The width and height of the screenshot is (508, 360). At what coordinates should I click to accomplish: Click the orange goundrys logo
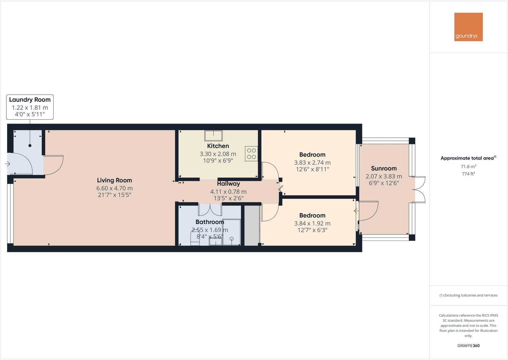468,27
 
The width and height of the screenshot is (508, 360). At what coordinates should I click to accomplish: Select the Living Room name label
114,180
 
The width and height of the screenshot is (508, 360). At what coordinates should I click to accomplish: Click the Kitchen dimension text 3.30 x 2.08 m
218,154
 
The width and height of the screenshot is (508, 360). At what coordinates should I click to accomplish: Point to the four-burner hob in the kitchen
251,154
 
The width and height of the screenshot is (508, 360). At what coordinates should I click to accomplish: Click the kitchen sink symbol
213,135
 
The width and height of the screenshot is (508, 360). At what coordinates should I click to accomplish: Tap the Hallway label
228,184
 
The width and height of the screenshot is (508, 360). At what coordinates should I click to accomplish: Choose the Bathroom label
210,222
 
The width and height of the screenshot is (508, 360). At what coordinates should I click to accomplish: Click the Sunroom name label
384,168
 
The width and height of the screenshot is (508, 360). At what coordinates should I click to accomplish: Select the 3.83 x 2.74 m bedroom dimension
312,163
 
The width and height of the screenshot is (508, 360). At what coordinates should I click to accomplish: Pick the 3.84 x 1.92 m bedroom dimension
312,224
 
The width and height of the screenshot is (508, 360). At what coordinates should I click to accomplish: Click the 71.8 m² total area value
468,166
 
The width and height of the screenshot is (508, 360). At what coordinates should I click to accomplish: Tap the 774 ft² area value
468,174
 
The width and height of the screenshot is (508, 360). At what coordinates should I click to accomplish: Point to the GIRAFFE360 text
468,346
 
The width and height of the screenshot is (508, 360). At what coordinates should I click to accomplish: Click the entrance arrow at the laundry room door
8,164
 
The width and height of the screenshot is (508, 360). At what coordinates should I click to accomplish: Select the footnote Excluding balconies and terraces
468,295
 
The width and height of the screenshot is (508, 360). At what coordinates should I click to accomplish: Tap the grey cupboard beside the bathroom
252,226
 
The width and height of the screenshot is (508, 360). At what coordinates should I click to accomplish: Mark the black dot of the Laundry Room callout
30,146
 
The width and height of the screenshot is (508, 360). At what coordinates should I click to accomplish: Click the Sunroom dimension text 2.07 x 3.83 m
384,176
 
